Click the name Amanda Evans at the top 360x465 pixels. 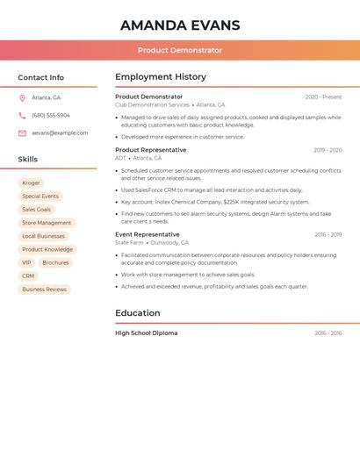tap(180, 25)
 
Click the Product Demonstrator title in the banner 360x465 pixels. tap(180, 51)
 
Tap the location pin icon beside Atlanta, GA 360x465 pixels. tap(22, 97)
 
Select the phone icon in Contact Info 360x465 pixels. tap(22, 115)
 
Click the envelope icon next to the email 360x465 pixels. tap(22, 132)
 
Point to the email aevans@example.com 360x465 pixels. tap(60, 132)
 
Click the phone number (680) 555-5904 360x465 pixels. tap(51, 115)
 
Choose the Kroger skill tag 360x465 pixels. tap(31, 182)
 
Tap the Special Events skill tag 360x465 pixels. tap(40, 197)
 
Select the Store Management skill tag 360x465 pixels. tap(47, 223)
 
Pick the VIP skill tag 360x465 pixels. tap(26, 262)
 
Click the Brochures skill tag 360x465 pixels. tap(55, 262)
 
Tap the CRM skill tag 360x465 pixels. tap(28, 275)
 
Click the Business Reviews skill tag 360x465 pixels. tap(44, 289)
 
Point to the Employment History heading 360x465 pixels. tap(161, 77)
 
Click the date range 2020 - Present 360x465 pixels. tap(323, 97)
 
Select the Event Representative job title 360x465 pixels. tap(147, 234)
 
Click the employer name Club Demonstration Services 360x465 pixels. tap(152, 104)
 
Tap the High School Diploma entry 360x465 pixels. tap(146, 333)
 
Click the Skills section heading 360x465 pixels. tap(28, 159)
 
